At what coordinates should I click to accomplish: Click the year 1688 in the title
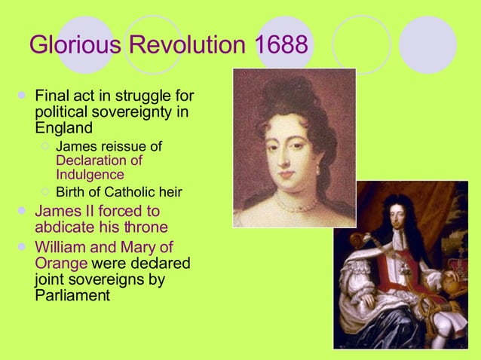click(281, 44)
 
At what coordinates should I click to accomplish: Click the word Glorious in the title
click(74, 44)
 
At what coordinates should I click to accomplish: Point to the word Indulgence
click(90, 175)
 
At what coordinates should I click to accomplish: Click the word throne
click(146, 227)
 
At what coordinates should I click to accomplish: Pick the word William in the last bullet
click(62, 247)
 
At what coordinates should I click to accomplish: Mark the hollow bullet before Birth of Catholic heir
click(46, 191)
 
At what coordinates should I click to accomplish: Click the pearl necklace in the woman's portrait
click(296, 203)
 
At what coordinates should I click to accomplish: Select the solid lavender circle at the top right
click(427, 44)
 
